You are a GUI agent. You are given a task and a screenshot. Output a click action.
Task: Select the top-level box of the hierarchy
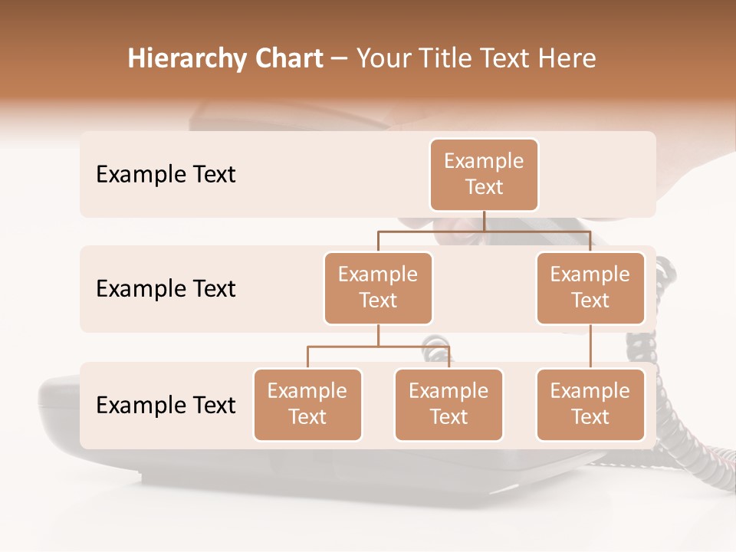[x=484, y=174]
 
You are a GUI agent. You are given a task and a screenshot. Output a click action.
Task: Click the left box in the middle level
[x=378, y=287]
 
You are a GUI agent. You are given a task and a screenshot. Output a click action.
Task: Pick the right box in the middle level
[x=590, y=287]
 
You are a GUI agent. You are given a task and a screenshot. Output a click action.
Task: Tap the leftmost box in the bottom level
[x=307, y=404]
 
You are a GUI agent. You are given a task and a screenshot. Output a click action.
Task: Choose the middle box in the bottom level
[x=449, y=404]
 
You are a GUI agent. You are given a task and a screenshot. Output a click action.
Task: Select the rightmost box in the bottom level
[x=590, y=404]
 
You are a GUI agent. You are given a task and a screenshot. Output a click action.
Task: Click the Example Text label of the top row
[x=166, y=175]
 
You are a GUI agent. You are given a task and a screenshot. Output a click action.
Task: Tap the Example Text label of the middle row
[x=166, y=289]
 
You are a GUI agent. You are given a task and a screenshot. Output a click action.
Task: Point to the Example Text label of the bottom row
[x=166, y=406]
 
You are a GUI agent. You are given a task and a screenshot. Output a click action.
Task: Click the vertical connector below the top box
[x=484, y=221]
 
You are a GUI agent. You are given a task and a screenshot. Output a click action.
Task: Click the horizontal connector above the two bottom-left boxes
[x=378, y=347]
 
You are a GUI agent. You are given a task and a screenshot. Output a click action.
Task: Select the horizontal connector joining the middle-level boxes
[x=484, y=231]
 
